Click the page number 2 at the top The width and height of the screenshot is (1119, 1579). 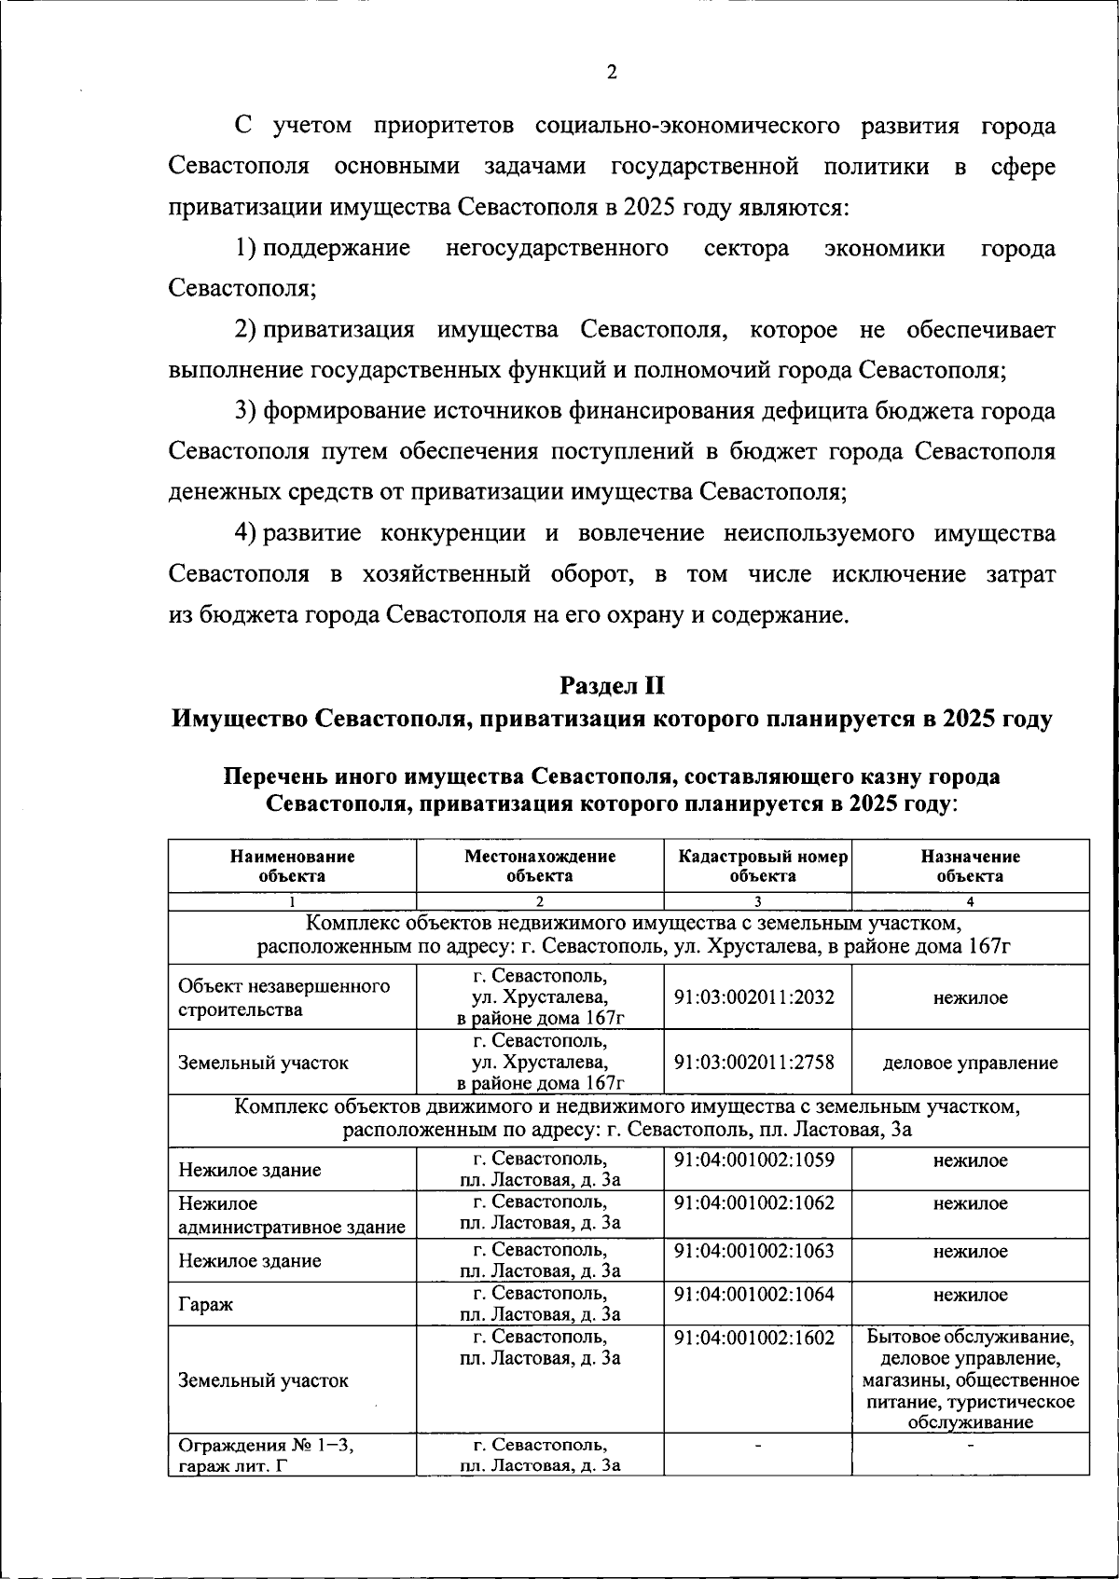coord(612,73)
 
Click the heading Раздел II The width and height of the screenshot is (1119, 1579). coord(612,686)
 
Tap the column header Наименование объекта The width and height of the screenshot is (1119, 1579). coord(292,866)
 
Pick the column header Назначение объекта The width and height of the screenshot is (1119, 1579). coord(970,866)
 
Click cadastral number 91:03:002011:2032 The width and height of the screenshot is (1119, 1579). coord(753,996)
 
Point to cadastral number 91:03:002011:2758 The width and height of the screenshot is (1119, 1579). coord(753,1062)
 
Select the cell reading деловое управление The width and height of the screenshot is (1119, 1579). coord(970,1063)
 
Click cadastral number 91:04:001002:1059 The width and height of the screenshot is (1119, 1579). coord(753,1160)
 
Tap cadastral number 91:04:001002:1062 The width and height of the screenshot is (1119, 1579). coord(753,1202)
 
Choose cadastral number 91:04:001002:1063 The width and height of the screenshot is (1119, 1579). coord(753,1250)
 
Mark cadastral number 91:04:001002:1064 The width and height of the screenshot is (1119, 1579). coord(753,1294)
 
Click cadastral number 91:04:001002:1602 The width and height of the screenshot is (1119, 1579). coord(753,1338)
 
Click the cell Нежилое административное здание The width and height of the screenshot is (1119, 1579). coord(291,1215)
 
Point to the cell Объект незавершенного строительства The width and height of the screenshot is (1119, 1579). coord(283,997)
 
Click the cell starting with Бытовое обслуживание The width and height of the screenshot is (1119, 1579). coord(970,1380)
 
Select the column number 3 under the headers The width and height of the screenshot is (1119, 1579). coord(757,901)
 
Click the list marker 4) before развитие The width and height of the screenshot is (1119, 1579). coord(245,533)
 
